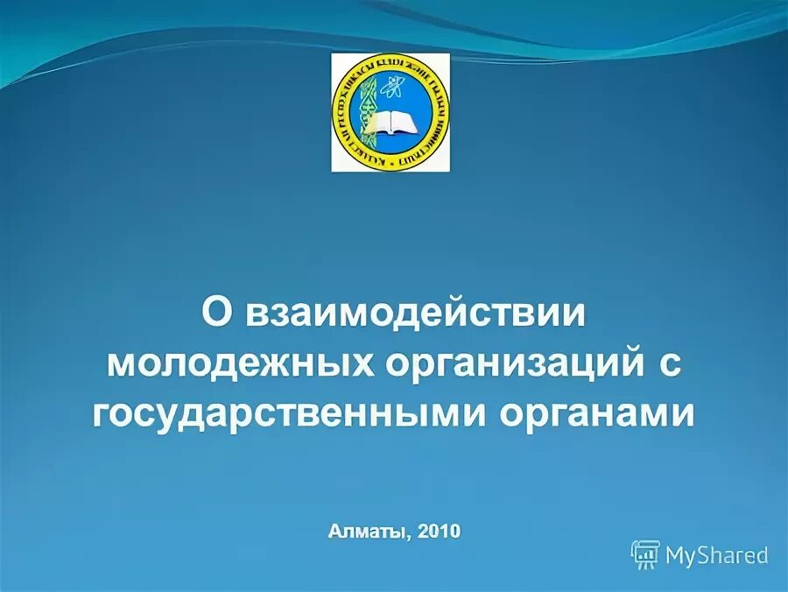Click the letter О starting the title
pyautogui.click(x=217, y=313)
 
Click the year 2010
pyautogui.click(x=439, y=531)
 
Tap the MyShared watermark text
pyautogui.click(x=716, y=554)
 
